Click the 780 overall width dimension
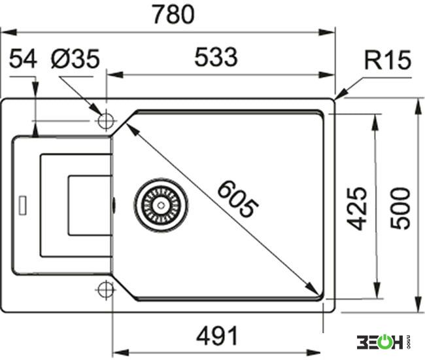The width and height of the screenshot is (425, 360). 173,14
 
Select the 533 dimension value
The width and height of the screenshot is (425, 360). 216,57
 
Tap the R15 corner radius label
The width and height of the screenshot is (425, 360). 388,60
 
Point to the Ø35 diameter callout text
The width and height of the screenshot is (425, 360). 75,58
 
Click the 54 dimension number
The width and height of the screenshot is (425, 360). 23,58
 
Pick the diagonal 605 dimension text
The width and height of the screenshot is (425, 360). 238,199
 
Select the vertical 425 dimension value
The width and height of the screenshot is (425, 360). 357,208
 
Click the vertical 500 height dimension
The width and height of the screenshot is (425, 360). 400,208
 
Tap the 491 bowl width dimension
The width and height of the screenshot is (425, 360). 217,336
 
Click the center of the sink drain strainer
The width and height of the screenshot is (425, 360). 161,206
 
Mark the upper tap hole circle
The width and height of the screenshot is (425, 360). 106,120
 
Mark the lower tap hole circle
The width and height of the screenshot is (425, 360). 106,290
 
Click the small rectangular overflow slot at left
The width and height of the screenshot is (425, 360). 22,205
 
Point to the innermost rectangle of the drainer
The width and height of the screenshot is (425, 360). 90,206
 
